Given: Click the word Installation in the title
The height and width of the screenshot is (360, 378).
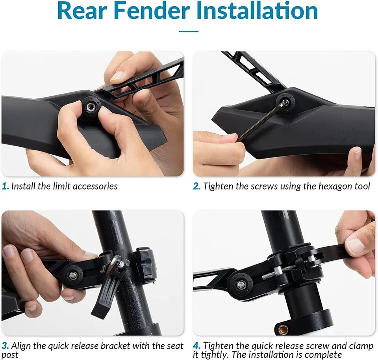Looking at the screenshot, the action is pos(257,11).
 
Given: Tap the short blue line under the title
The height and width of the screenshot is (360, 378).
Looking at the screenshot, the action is pos(189,31).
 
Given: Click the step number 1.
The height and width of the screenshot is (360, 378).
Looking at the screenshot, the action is pos(5,186).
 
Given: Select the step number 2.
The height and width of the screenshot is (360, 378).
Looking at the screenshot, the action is pos(196,186).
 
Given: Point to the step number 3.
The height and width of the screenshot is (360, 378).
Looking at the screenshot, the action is pos(5,346).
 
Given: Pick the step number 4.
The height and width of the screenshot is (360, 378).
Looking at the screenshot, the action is pos(197,346).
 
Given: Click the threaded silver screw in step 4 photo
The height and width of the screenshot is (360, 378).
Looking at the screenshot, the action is pos(274,273).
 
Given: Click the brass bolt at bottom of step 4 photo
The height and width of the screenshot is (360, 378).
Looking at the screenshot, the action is pos(283,329).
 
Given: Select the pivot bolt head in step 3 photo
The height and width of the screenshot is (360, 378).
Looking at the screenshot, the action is pos(72,275).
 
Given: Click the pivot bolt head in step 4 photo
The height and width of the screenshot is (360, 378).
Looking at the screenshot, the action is pos(240,285).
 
